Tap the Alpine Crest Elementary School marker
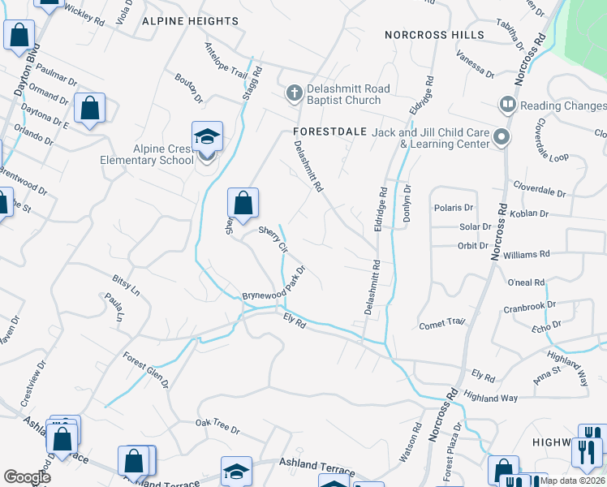click(207, 137)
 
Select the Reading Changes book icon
click(507, 106)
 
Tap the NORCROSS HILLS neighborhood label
click(434, 35)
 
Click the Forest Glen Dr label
click(146, 369)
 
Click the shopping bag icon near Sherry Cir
click(243, 202)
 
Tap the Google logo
click(27, 476)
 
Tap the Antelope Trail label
click(226, 62)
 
